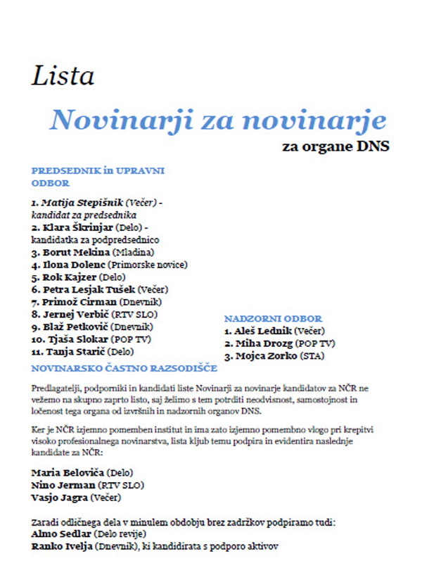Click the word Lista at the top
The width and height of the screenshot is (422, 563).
(x=63, y=75)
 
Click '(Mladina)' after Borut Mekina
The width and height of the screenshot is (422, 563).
(x=132, y=251)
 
